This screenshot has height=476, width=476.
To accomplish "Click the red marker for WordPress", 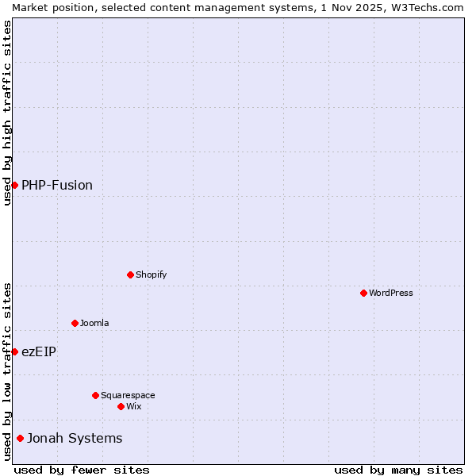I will click(x=363, y=293).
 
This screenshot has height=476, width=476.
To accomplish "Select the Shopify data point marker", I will click(x=130, y=274).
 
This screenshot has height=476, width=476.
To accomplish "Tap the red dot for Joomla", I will click(x=75, y=323).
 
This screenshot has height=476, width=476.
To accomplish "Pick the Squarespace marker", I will click(x=95, y=395).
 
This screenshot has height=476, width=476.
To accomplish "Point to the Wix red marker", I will click(x=121, y=406).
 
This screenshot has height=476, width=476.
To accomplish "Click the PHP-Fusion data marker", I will click(x=14, y=185).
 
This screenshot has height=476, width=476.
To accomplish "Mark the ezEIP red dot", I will click(x=14, y=351).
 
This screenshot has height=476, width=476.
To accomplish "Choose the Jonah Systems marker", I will click(x=20, y=438).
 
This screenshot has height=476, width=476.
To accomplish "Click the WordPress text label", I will click(x=391, y=293).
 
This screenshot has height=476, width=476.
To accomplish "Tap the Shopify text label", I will click(x=151, y=274).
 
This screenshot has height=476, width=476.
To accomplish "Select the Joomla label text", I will click(x=94, y=323).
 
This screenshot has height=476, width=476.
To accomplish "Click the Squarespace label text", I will click(x=128, y=395).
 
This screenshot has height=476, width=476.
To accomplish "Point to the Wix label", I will click(x=134, y=406).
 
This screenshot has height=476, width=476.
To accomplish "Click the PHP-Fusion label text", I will click(x=57, y=185).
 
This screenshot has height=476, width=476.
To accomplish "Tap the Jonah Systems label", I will click(x=75, y=438).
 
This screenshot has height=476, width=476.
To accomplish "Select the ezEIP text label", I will click(x=39, y=351).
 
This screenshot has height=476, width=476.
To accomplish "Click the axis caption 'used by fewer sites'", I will click(x=82, y=470).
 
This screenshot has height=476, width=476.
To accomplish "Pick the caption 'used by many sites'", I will click(x=398, y=470).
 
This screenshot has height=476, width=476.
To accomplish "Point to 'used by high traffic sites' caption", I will click(x=7, y=113).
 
